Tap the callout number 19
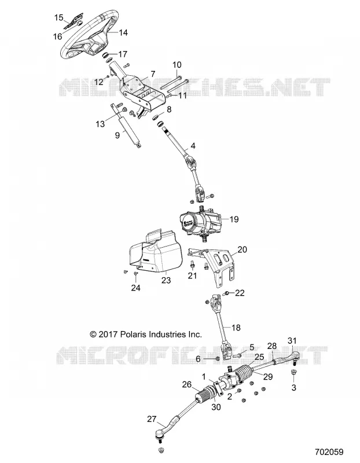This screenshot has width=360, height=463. [x=234, y=219]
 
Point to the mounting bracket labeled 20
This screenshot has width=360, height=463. [x=215, y=265]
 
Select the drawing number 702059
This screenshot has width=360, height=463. [x=329, y=452]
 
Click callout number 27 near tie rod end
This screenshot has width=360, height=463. [x=152, y=419]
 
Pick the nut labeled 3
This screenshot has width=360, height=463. [x=293, y=373]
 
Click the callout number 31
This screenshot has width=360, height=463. [x=292, y=340]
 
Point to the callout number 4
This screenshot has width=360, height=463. [x=193, y=146]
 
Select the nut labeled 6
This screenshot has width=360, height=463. [x=217, y=358]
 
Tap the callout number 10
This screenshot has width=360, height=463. [x=177, y=65]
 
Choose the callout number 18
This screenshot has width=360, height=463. [x=236, y=328]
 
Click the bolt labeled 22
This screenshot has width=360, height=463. [x=227, y=293]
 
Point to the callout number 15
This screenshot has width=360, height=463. [x=59, y=18]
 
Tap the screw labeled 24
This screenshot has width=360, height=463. [x=135, y=273]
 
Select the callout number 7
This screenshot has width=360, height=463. [x=152, y=74]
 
